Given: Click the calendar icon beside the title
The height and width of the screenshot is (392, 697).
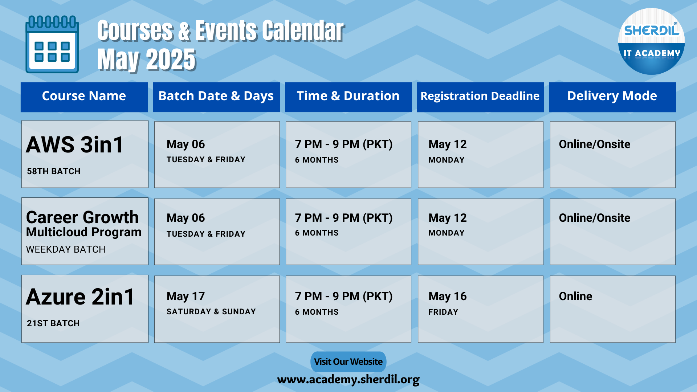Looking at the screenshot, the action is (x=52, y=44).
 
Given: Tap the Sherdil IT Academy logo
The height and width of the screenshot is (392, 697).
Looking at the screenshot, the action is (x=651, y=41).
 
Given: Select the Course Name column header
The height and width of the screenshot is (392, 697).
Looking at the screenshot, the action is (x=84, y=96).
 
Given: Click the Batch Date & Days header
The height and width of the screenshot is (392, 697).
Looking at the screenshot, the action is (x=216, y=96).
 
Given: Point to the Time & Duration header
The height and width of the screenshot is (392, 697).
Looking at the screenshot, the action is (x=348, y=96).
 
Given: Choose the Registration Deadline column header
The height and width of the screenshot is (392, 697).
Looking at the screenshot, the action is (x=480, y=96).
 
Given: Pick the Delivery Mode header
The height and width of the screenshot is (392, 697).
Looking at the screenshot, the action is (x=612, y=96).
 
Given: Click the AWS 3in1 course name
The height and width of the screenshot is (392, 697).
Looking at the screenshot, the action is (x=75, y=144).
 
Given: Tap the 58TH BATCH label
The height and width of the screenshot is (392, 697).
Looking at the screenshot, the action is (x=54, y=171).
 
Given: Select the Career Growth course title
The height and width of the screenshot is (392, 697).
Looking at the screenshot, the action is (x=82, y=217).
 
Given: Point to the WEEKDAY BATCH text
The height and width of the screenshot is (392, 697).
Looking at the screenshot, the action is (x=66, y=249).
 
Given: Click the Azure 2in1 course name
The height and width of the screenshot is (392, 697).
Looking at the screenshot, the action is (x=80, y=297).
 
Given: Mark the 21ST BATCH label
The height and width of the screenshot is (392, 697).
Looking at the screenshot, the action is (x=53, y=323).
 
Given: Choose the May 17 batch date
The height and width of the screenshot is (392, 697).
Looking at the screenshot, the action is (x=186, y=296).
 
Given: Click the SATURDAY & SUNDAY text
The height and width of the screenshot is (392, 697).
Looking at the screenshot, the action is (x=211, y=312).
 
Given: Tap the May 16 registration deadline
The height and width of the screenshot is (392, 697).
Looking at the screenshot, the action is (x=448, y=296).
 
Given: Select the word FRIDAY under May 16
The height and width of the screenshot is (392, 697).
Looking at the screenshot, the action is (x=443, y=312).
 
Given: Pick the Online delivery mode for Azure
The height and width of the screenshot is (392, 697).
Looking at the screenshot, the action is (x=576, y=296).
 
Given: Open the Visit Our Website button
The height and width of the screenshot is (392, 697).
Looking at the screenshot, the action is (x=348, y=362).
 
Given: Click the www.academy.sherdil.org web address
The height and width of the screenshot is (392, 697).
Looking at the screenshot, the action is (x=348, y=380).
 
